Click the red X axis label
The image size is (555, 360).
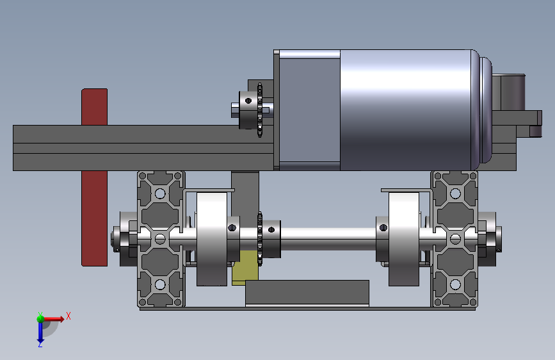pyautogui.click(x=68, y=316)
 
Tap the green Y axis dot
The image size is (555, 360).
pyautogui.click(x=40, y=318)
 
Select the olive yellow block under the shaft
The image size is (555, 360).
pyautogui.click(x=245, y=268)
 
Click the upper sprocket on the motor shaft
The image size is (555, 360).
pyautogui.click(x=260, y=110)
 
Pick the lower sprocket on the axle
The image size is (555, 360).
pyautogui.click(x=260, y=239)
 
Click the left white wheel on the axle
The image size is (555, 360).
pyautogui.click(x=212, y=238)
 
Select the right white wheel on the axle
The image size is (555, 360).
pyautogui.click(x=404, y=238)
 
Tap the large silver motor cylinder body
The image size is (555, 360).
pyautogui.click(x=406, y=110)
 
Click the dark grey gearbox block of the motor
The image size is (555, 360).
pyautogui.click(x=309, y=110)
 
